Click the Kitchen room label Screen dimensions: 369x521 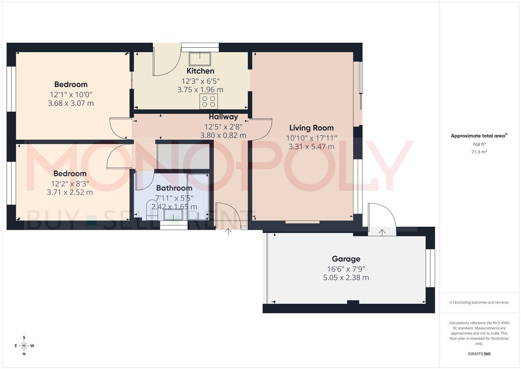pyautogui.click(x=200, y=71)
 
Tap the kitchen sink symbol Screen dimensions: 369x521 pyautogui.click(x=200, y=58)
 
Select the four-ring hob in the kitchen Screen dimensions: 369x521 pyautogui.click(x=208, y=101)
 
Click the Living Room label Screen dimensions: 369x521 pyautogui.click(x=311, y=128)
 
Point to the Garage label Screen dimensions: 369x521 pyautogui.click(x=346, y=259)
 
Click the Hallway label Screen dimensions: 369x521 pyautogui.click(x=223, y=117)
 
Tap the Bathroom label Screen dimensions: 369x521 pyautogui.click(x=174, y=188)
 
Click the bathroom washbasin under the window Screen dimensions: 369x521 pyautogui.click(x=173, y=215)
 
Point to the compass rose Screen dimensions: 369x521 pyautogui.click(x=24, y=346)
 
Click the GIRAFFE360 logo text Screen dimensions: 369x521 pyautogui.click(x=479, y=354)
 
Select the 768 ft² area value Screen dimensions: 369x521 pyautogui.click(x=479, y=145)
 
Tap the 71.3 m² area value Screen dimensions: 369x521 pyautogui.click(x=479, y=152)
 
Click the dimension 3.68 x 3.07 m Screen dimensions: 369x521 pyautogui.click(x=71, y=103)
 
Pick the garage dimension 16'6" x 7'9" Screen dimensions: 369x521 pyautogui.click(x=346, y=269)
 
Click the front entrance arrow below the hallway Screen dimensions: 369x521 pyautogui.click(x=228, y=232)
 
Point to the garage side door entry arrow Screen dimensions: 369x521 pyautogui.click(x=382, y=232)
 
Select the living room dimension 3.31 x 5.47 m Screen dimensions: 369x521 pyautogui.click(x=311, y=147)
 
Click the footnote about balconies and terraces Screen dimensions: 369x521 pyautogui.click(x=479, y=302)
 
